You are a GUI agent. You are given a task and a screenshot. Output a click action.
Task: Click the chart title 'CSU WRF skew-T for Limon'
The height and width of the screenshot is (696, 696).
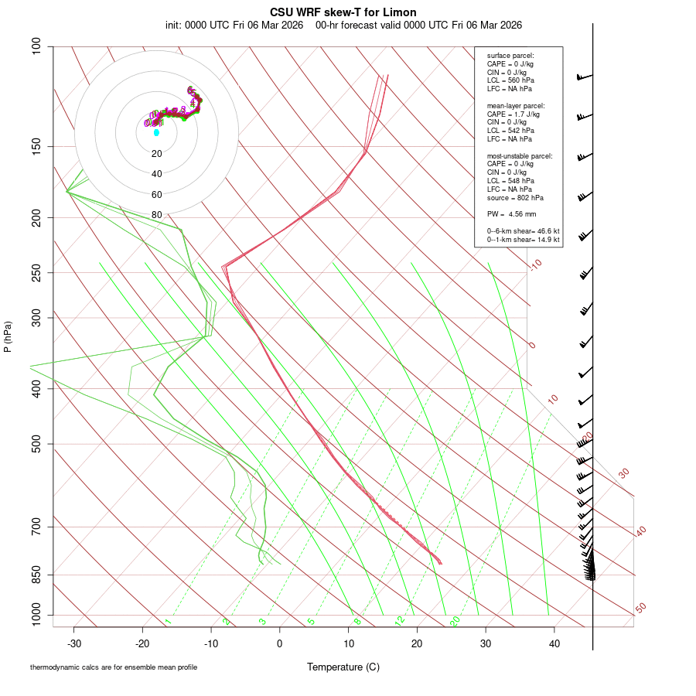pos(343,12)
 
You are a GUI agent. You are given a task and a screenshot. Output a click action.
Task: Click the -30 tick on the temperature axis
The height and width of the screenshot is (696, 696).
pos(74,643)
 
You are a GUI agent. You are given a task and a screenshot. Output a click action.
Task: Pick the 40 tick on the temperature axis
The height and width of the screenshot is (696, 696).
pos(554,643)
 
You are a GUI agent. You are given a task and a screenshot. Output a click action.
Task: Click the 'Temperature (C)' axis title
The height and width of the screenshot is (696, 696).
pos(343,667)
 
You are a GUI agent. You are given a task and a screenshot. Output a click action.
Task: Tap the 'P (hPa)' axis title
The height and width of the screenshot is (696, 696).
pos(8,336)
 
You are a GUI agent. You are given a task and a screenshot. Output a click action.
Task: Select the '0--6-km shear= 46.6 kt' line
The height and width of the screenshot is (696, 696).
pos(523,231)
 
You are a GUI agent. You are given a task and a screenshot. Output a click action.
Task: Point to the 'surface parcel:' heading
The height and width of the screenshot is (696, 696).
pos(510,56)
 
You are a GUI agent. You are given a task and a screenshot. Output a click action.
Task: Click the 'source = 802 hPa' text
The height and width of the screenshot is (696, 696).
pos(510,198)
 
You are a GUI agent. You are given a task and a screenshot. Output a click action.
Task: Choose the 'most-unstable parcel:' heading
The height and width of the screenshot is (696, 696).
pos(520,156)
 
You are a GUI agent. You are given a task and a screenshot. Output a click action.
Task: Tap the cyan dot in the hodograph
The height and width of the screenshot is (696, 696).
pos(156,132)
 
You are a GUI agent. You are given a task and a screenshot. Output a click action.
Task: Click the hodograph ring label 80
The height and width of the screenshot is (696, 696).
pos(156,215)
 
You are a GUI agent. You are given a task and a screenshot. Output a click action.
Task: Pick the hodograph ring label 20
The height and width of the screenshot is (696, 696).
pos(156,154)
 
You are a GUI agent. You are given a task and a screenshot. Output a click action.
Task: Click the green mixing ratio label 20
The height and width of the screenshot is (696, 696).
pos(455,621)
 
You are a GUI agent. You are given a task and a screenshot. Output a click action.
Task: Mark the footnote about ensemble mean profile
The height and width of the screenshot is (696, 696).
pos(114,667)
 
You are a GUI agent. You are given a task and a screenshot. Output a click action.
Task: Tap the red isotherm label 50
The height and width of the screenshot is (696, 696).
pos(640,609)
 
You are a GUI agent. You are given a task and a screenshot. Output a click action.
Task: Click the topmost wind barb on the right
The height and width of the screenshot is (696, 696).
pos(585,77)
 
